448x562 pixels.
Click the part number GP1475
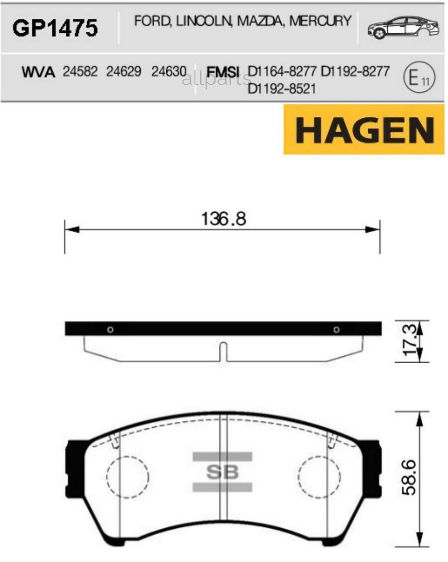[x=55, y=28]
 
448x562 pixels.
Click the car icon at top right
[x=403, y=28]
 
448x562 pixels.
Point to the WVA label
[x=38, y=72]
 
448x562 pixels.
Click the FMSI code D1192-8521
[x=281, y=88]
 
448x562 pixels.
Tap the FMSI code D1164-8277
[x=282, y=72]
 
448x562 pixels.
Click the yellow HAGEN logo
[x=364, y=130]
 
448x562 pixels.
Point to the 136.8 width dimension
[x=224, y=219]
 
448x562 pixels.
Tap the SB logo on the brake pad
[x=223, y=472]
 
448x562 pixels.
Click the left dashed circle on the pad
[x=128, y=477]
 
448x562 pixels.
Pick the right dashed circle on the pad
[x=319, y=477]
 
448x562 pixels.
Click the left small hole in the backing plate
[x=110, y=329]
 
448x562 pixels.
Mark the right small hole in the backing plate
[x=336, y=329]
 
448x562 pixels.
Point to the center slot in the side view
[x=224, y=352]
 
